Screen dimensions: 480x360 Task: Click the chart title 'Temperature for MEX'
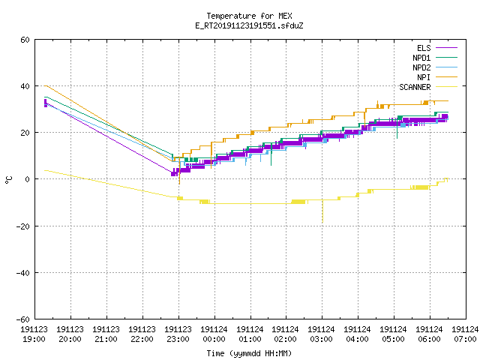(249, 16)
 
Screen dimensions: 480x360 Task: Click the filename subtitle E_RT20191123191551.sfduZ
(249, 25)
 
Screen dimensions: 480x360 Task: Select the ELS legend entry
(424, 48)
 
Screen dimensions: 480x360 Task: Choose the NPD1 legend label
(421, 58)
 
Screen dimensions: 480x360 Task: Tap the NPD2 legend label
(421, 67)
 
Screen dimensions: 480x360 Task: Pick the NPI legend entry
(424, 77)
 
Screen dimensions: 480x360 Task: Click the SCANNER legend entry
(415, 87)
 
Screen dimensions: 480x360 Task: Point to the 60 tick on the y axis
(25, 40)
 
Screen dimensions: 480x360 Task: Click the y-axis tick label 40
(25, 86)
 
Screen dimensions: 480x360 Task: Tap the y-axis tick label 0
(28, 179)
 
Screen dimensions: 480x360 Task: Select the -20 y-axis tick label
(22, 226)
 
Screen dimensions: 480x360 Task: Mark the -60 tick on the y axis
(22, 319)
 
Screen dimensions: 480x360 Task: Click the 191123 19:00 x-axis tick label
(34, 334)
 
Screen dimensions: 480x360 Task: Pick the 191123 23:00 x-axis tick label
(178, 334)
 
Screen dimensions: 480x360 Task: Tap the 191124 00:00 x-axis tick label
(214, 334)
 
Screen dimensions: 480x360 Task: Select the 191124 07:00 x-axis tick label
(465, 334)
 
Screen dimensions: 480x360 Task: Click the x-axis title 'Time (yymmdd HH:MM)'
(249, 353)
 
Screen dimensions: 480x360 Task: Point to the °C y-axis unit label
(9, 180)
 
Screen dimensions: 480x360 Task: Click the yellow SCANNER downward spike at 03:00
(322, 211)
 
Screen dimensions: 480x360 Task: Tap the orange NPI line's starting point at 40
(45, 85)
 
